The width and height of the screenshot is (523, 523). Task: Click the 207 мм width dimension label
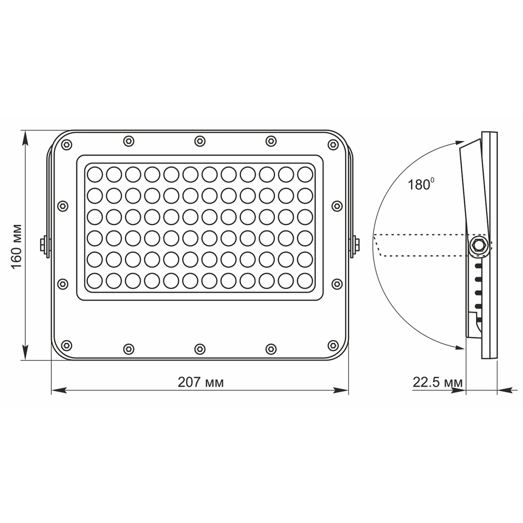pyautogui.click(x=200, y=382)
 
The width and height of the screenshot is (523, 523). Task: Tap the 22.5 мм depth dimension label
pyautogui.click(x=438, y=383)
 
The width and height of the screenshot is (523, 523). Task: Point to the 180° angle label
pyautogui.click(x=420, y=184)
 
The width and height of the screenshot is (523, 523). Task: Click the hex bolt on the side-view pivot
pyautogui.click(x=479, y=244)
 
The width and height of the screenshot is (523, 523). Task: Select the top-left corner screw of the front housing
pyautogui.click(x=66, y=146)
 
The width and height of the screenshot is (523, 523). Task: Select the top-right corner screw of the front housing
pyautogui.click(x=333, y=146)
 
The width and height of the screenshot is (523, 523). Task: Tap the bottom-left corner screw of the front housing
pyautogui.click(x=66, y=344)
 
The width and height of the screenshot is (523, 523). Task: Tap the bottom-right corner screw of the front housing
pyautogui.click(x=333, y=344)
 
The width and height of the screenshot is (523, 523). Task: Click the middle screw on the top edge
pyautogui.click(x=200, y=140)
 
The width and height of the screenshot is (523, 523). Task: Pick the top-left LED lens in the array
pyautogui.click(x=94, y=174)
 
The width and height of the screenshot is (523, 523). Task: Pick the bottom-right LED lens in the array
pyautogui.click(x=305, y=280)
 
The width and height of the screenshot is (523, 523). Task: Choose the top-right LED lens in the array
pyautogui.click(x=305, y=174)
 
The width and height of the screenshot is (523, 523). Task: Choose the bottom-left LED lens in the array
pyautogui.click(x=94, y=280)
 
